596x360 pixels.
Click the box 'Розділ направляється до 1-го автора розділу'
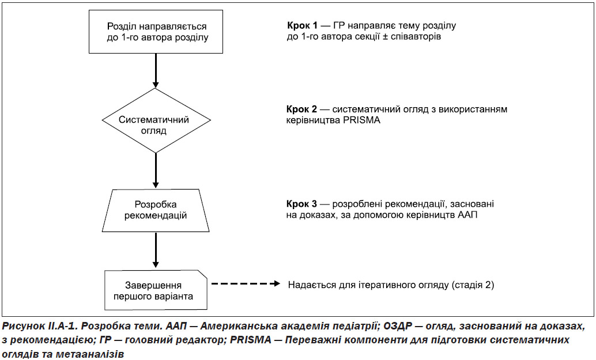click(x=156, y=32)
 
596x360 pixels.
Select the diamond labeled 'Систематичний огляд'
click(x=156, y=121)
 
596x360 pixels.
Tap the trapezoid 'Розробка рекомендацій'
click(x=156, y=210)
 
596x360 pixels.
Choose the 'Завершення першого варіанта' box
click(x=156, y=290)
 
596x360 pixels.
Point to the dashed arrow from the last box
click(x=246, y=283)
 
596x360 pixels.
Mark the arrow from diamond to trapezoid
click(x=156, y=171)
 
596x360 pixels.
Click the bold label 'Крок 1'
click(x=302, y=26)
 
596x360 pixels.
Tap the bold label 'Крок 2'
click(x=302, y=109)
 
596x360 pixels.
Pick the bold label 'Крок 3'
click(x=302, y=204)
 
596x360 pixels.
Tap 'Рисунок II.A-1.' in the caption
click(x=40, y=326)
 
